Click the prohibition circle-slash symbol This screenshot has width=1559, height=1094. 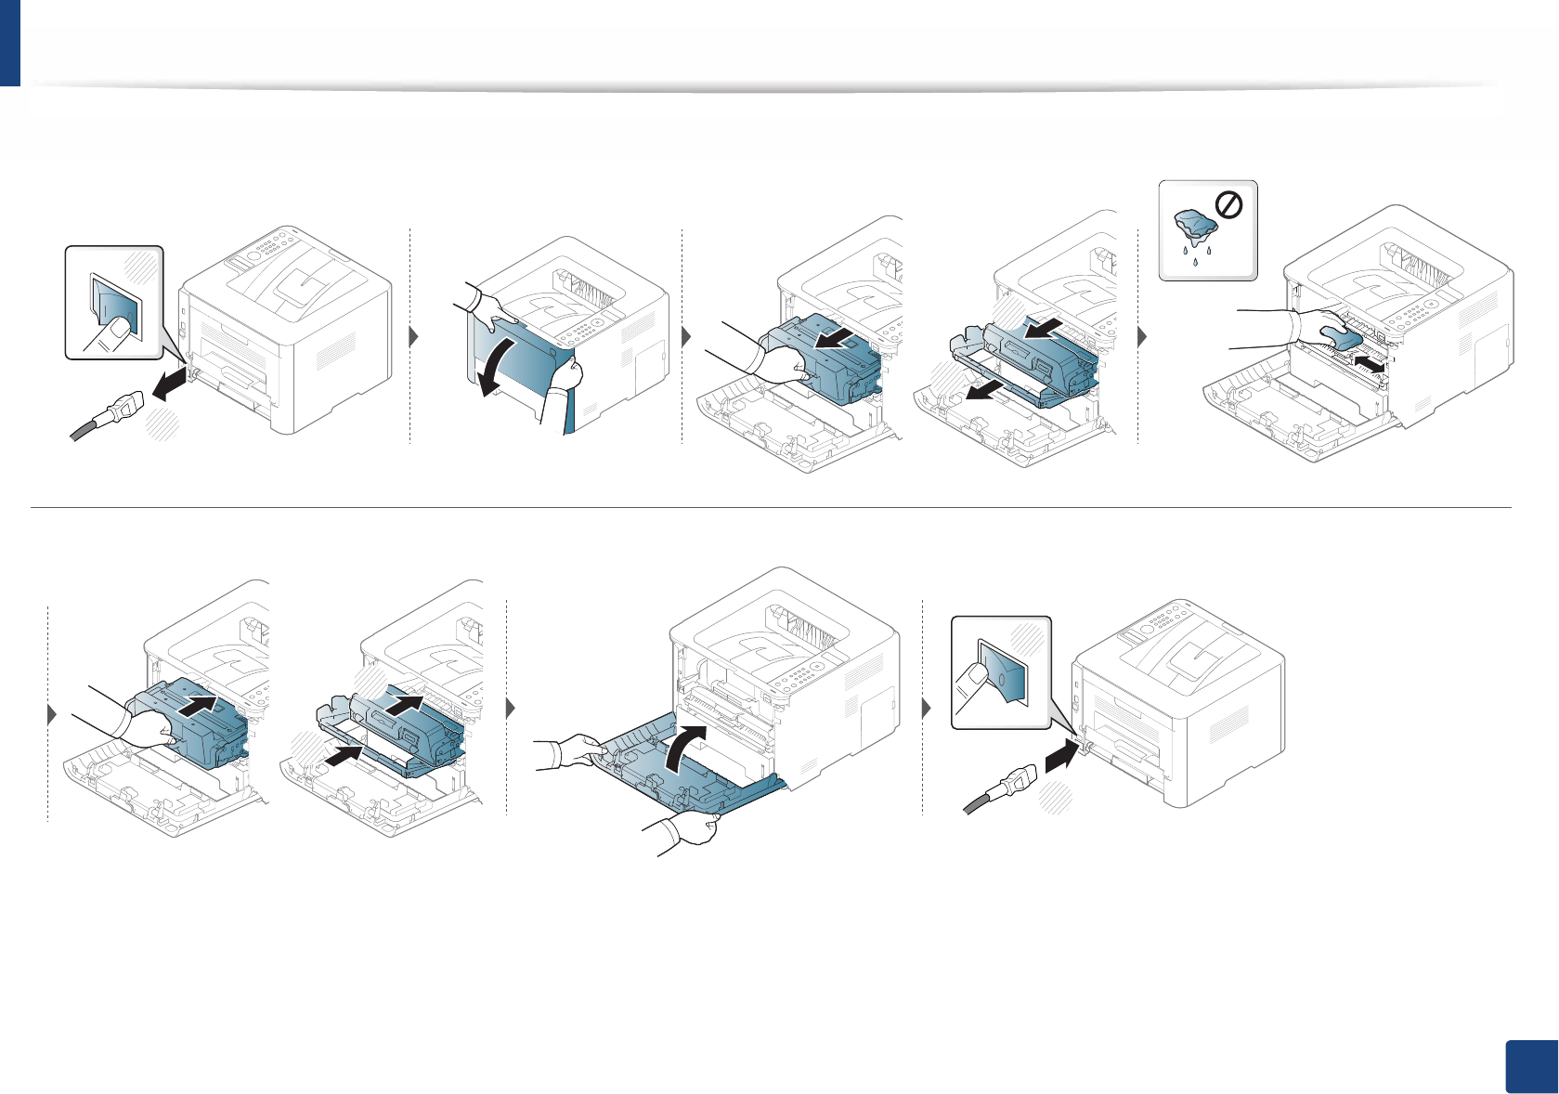tap(1228, 205)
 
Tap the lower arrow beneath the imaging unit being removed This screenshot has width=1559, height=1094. tap(984, 391)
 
